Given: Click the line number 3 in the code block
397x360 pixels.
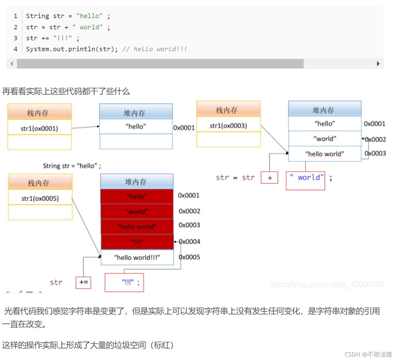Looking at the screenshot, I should (x=16, y=38).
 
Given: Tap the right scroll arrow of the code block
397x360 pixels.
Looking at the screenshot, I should (x=378, y=64).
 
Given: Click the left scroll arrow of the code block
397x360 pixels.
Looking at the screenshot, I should (x=12, y=64).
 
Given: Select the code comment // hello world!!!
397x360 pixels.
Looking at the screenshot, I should (x=154, y=49).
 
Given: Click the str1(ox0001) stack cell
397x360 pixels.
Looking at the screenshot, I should (x=39, y=128).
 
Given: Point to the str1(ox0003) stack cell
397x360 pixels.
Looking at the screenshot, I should (x=228, y=126).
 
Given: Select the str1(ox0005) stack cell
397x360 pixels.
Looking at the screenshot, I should (x=40, y=198).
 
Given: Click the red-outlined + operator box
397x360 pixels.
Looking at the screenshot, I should (x=270, y=178).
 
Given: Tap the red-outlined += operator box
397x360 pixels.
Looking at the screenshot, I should (x=83, y=282).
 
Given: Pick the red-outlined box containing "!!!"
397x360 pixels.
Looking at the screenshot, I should (x=124, y=283).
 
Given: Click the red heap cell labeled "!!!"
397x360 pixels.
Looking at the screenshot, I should (x=137, y=242).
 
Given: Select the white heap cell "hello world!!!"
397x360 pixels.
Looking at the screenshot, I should (x=137, y=258).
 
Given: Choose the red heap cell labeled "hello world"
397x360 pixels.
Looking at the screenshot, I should (x=137, y=227).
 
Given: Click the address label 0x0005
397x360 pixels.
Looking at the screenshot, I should (x=189, y=257).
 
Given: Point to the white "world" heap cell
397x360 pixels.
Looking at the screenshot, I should (x=325, y=139).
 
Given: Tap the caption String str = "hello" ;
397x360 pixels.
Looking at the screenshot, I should (x=72, y=166).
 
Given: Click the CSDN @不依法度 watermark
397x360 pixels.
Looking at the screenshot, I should (x=368, y=354).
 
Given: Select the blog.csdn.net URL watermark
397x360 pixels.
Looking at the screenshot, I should (x=327, y=284).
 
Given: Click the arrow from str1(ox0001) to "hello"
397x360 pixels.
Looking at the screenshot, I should (x=86, y=127).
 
